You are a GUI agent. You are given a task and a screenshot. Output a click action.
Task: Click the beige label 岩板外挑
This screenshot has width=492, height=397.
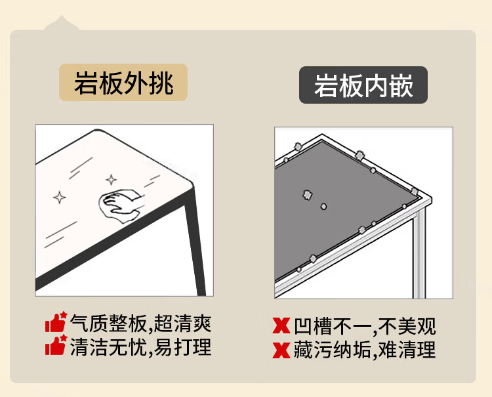pyautogui.click(x=123, y=83)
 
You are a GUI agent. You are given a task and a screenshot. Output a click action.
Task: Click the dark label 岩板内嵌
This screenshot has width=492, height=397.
pyautogui.click(x=363, y=85)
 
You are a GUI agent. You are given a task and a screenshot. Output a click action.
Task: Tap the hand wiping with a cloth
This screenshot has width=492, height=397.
pyautogui.click(x=120, y=205)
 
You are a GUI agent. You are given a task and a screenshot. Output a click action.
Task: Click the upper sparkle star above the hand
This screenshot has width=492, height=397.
pyautogui.click(x=111, y=180)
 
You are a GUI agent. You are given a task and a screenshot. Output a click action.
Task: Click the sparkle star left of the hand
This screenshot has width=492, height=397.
pyautogui.click(x=59, y=198)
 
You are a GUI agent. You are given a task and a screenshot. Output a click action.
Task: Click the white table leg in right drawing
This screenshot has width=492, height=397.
pyautogui.click(x=420, y=254)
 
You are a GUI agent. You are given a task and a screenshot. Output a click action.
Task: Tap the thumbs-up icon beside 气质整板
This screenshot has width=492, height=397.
pyautogui.click(x=56, y=322)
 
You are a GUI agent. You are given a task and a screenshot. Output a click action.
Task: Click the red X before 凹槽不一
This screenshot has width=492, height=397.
pyautogui.click(x=281, y=325)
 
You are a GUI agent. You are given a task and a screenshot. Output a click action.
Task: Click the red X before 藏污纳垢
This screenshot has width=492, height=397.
pyautogui.click(x=281, y=350)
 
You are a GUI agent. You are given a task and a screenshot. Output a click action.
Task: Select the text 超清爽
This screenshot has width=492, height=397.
pyautogui.click(x=182, y=324)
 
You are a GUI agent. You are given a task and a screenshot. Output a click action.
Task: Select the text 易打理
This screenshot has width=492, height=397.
pyautogui.click(x=182, y=346)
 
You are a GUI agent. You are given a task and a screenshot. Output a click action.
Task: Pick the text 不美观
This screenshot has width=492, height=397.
pyautogui.click(x=407, y=326)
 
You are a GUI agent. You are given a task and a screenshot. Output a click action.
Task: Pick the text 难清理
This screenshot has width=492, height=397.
pyautogui.click(x=407, y=350)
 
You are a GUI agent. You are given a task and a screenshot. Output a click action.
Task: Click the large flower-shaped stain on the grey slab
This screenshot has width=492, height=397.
pyautogui.click(x=308, y=195)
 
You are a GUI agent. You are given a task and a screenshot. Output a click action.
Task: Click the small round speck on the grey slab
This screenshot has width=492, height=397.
pyautogui.click(x=323, y=206)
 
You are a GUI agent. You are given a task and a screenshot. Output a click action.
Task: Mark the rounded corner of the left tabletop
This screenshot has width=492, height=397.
pyautogui.click(x=190, y=184)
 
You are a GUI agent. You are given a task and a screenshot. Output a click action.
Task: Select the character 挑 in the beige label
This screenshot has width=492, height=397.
pyautogui.click(x=161, y=83)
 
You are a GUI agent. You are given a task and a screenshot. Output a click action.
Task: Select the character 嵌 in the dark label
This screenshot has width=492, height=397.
pyautogui.click(x=401, y=86)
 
